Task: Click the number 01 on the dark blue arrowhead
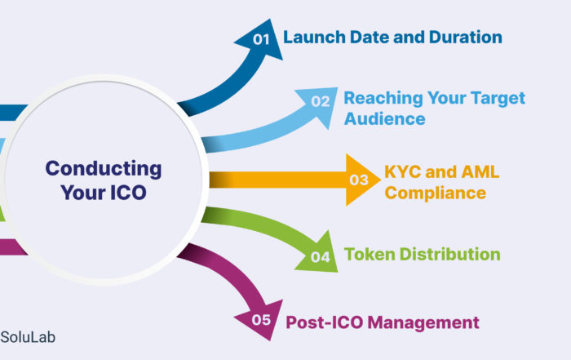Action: point(261,39)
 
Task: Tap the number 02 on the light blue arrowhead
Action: point(321,101)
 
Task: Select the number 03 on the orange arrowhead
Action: point(359,180)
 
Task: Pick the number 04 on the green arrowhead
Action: point(321,257)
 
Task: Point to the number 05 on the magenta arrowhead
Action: point(261,320)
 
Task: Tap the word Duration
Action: point(466,38)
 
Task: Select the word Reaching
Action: point(383,99)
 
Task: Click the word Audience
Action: point(384,119)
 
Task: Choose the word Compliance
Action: point(435,193)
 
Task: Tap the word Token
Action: point(370,255)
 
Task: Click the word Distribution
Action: point(449,255)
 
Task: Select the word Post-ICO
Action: point(325,322)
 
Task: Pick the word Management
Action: point(423,323)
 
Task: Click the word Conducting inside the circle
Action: point(104,169)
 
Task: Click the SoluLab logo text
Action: point(28,337)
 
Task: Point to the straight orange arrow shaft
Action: point(278,180)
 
